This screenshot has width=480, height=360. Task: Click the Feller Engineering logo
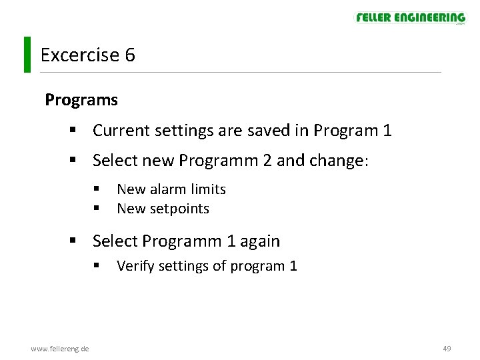(410, 18)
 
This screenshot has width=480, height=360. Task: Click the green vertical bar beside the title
(27, 54)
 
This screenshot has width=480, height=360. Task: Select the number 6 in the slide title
(129, 55)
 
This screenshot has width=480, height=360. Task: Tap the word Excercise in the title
(79, 55)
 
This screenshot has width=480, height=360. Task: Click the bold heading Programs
(81, 100)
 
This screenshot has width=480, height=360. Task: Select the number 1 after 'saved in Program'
(387, 131)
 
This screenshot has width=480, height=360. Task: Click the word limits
(207, 189)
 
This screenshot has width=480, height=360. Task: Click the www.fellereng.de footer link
(60, 349)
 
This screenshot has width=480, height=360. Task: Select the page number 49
(447, 349)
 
